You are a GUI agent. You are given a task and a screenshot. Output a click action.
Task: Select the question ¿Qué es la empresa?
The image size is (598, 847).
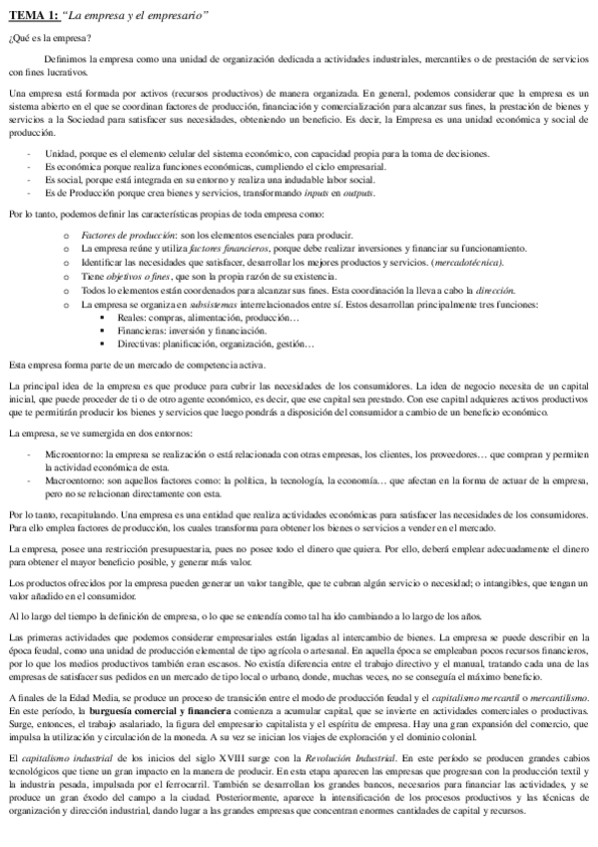point(49,38)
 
